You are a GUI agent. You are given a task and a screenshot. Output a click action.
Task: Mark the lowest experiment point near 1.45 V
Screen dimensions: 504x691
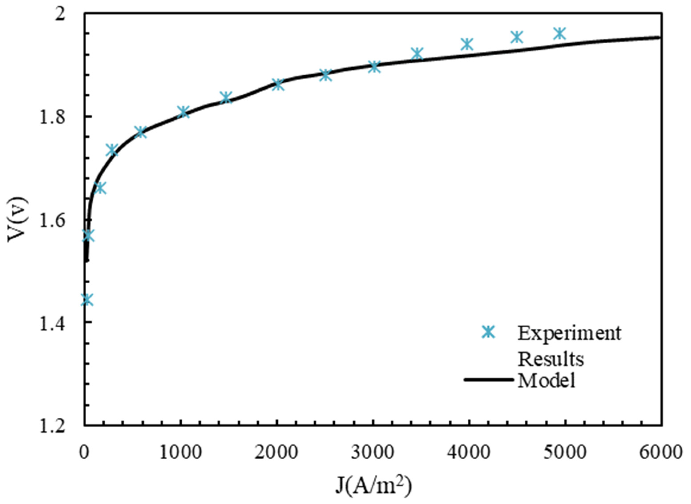87,299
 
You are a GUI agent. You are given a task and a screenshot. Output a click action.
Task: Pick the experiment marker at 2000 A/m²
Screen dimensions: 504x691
278,85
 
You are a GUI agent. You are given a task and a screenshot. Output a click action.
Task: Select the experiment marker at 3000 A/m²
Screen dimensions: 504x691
374,67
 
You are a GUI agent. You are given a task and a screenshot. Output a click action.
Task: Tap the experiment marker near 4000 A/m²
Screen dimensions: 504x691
467,44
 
